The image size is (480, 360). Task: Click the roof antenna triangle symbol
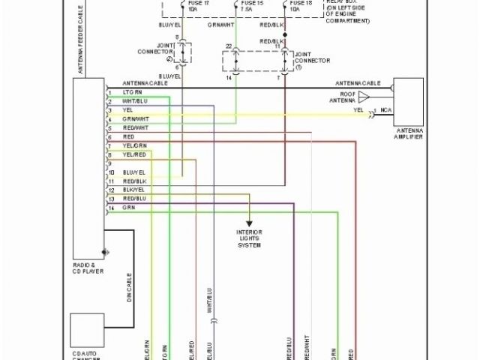[364, 97]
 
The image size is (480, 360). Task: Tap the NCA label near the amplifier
[386, 111]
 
